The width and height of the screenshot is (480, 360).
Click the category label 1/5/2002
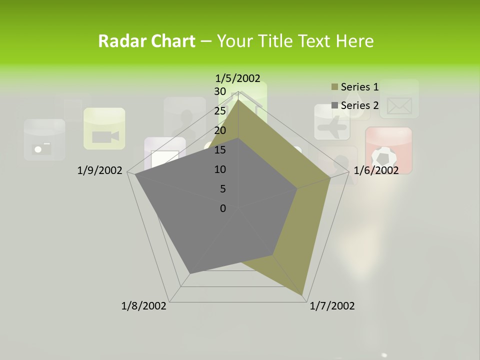click(237, 78)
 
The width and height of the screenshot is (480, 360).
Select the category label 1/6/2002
click(376, 170)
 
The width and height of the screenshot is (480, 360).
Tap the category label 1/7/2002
click(332, 306)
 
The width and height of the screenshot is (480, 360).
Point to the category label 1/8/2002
click(144, 306)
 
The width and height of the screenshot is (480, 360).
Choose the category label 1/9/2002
click(100, 170)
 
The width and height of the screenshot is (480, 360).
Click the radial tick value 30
click(220, 91)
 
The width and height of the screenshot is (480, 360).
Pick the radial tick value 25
click(220, 111)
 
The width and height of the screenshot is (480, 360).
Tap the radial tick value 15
click(220, 150)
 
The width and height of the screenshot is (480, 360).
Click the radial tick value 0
click(223, 208)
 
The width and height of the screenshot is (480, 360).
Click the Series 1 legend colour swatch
click(335, 87)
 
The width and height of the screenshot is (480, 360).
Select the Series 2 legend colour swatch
click(335, 105)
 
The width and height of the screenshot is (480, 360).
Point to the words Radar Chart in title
click(146, 41)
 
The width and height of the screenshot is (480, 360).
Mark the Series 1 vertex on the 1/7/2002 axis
click(302, 294)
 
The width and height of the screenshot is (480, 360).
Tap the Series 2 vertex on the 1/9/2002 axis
click(135, 175)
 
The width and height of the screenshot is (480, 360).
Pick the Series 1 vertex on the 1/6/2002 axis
click(330, 177)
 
